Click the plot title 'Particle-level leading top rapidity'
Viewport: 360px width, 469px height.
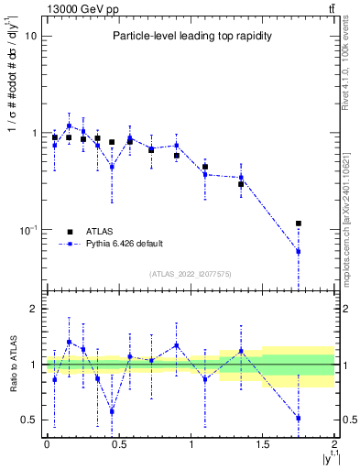[188, 36]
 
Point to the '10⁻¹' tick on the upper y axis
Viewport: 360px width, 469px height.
[27, 230]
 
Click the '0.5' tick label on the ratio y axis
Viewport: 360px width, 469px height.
[27, 420]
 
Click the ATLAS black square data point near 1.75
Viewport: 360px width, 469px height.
[299, 224]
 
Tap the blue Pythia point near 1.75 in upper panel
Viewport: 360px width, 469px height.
[299, 251]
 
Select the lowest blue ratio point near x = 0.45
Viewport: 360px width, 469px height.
[112, 411]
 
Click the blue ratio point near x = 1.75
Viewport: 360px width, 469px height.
[299, 418]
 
